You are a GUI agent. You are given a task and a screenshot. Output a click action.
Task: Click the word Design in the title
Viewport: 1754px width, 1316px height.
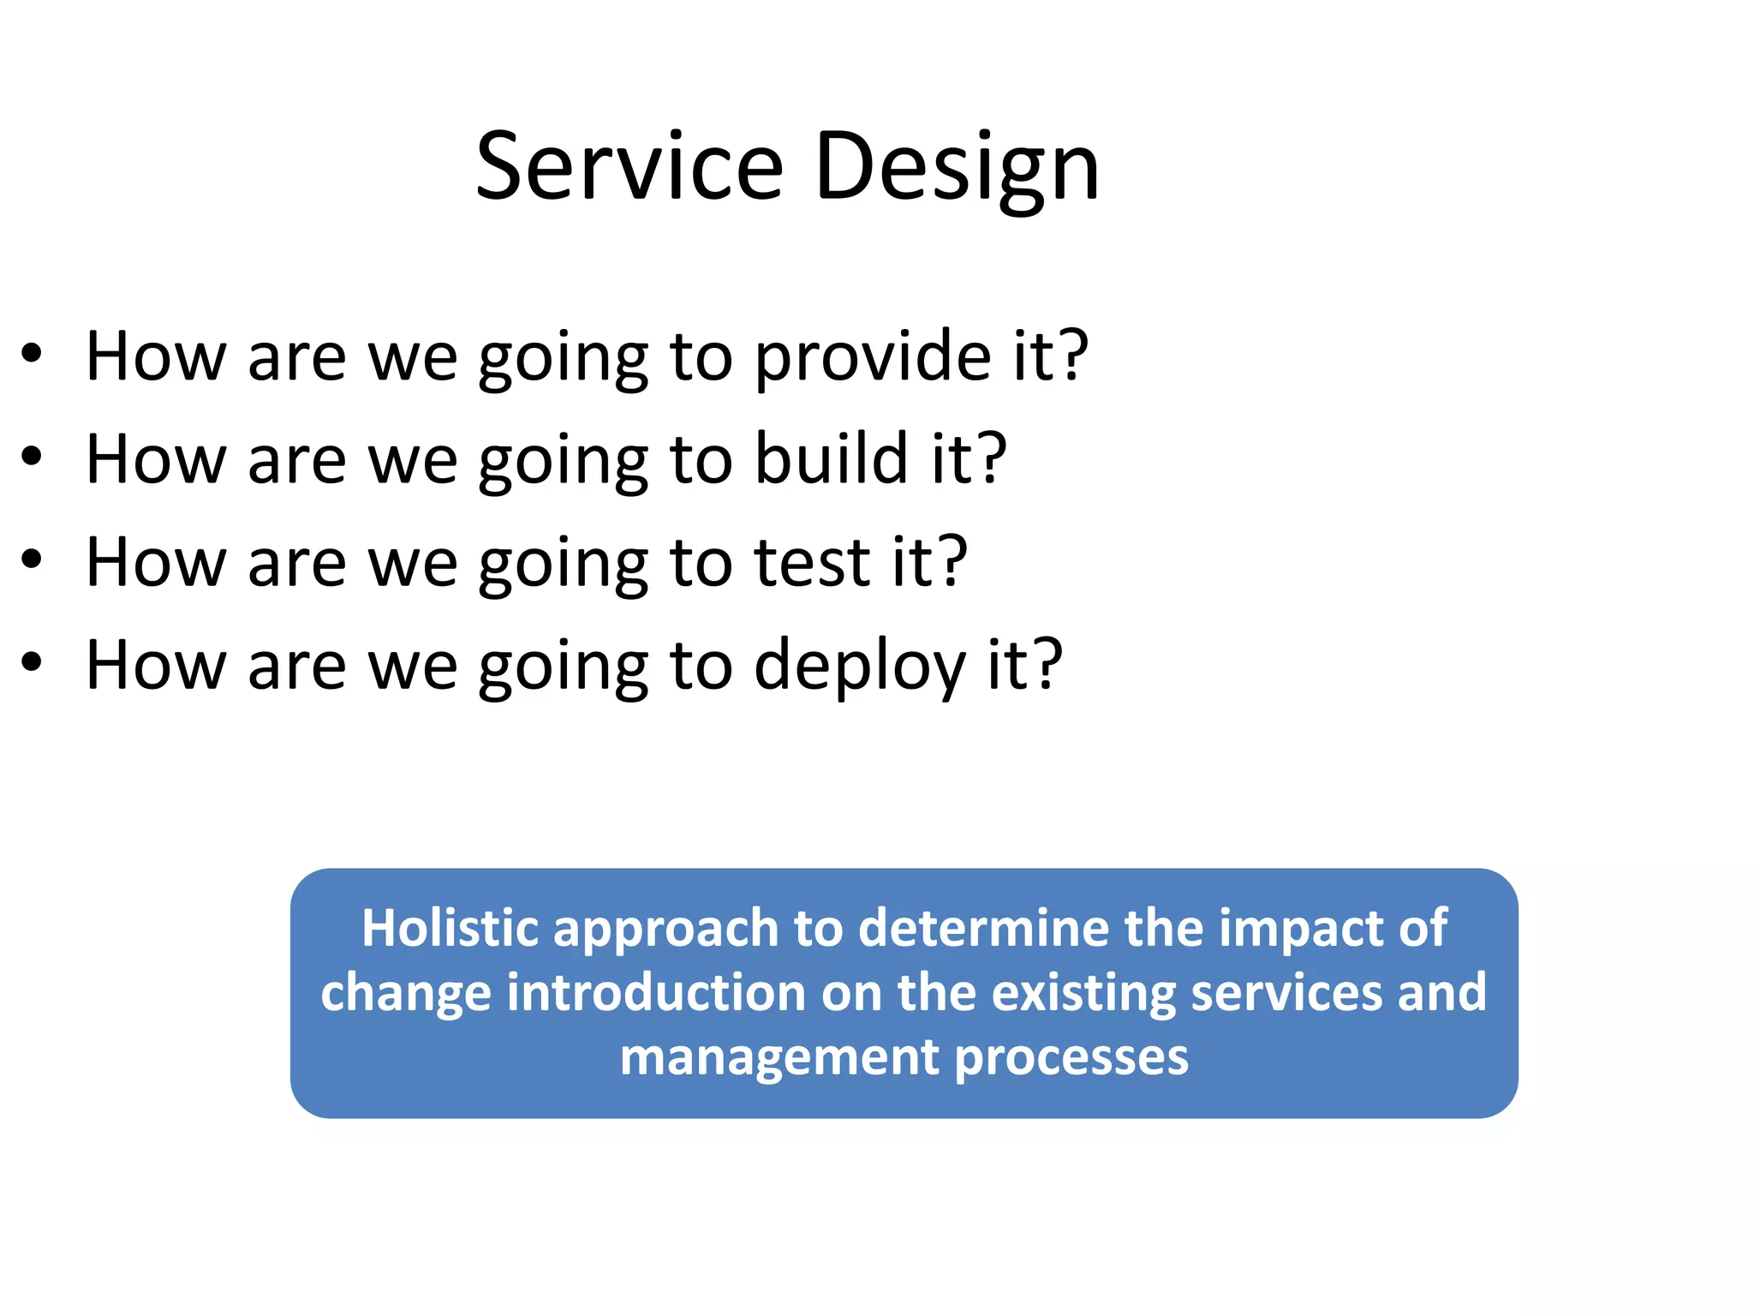[957, 168]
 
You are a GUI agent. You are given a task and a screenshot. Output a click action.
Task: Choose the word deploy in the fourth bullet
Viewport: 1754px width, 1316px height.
[859, 667]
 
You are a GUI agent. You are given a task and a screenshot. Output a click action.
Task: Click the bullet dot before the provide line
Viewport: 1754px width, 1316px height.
[32, 353]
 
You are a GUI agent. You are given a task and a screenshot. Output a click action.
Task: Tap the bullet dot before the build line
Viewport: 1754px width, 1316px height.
[32, 457]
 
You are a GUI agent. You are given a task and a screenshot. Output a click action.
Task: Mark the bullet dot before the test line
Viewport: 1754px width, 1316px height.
[32, 559]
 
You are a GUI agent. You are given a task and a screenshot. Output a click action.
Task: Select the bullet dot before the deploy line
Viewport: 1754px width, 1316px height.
[32, 662]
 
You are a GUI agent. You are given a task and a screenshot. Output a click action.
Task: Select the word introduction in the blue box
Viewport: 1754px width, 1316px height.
[656, 992]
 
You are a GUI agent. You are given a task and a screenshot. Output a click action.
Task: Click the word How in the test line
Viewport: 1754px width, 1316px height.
[157, 563]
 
